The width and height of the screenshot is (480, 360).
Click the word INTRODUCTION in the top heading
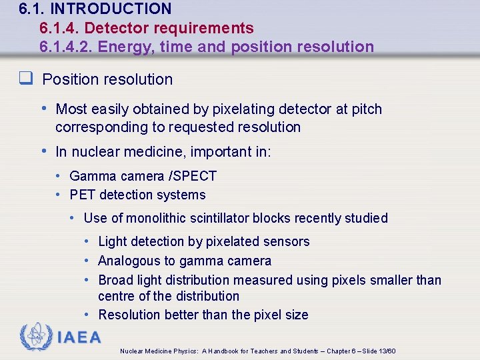click(111, 9)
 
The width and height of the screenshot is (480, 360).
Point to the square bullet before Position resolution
click(27, 79)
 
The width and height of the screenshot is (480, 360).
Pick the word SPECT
click(195, 176)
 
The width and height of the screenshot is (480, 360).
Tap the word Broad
click(115, 280)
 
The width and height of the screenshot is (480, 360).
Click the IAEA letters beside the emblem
click(79, 337)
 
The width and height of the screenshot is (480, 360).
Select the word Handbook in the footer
click(231, 351)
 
